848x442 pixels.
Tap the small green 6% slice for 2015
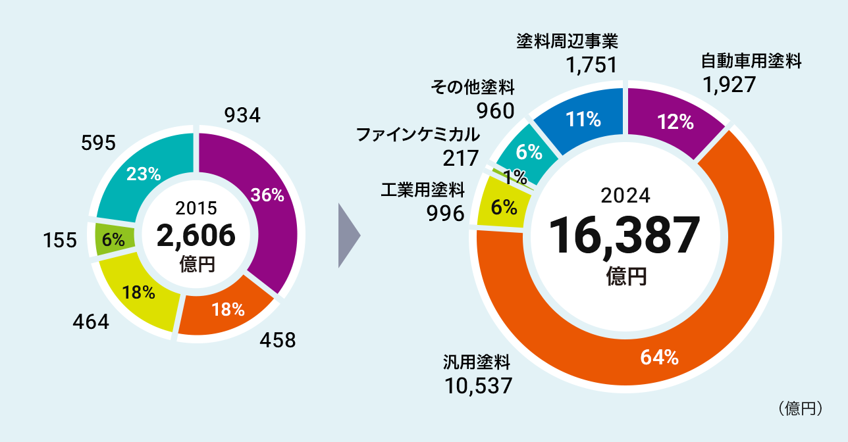[113, 239]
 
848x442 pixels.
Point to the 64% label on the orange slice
[659, 357]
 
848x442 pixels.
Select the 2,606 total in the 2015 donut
[196, 235]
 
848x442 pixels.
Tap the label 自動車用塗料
[751, 62]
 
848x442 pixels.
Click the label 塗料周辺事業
[567, 41]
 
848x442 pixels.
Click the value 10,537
[477, 385]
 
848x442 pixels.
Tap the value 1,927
[728, 85]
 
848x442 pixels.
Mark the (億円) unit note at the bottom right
[801, 408]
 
